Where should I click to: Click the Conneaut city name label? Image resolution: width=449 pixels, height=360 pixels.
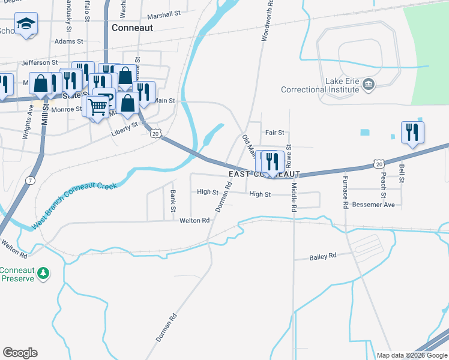[x=132, y=28]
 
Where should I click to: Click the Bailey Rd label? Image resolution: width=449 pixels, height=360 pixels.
[x=323, y=256]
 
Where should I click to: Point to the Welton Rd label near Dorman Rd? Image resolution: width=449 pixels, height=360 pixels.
[x=194, y=221]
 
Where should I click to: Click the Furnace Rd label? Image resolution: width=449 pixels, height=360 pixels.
[x=346, y=196]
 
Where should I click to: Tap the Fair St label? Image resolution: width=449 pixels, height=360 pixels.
[x=274, y=132]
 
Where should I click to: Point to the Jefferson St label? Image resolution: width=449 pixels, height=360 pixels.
[x=40, y=62]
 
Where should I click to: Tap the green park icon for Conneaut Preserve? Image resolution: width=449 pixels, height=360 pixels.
[x=43, y=274]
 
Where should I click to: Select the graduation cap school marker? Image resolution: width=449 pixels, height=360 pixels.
[x=26, y=25]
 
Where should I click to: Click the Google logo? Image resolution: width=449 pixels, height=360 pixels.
[x=20, y=353]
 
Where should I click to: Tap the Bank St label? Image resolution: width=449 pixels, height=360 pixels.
[x=173, y=201]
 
